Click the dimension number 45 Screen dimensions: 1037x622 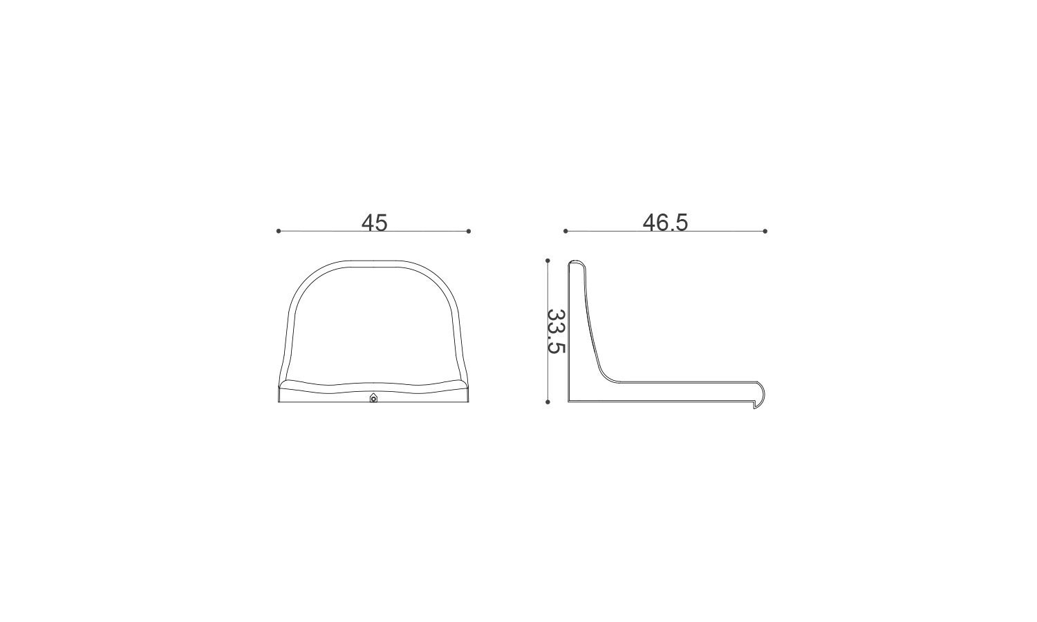[374, 223]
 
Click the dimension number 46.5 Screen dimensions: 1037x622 [665, 223]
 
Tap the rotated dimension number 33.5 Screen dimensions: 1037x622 [556, 331]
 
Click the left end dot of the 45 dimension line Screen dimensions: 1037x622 [278, 231]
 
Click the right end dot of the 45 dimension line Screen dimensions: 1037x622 [469, 231]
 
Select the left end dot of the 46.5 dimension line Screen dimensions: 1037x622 [566, 231]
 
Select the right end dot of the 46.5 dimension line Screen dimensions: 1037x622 [765, 231]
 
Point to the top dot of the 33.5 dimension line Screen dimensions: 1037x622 [548, 261]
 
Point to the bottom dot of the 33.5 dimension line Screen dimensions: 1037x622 [548, 402]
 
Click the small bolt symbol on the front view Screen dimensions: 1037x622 [373, 398]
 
